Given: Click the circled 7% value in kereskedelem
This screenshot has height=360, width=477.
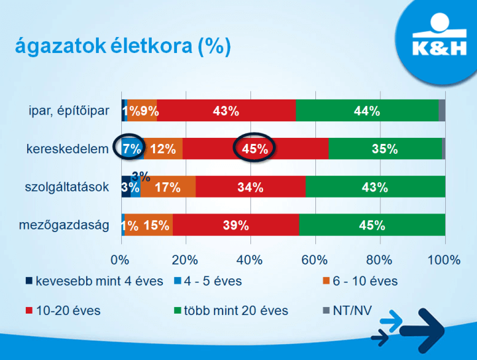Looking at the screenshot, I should pos(131,149).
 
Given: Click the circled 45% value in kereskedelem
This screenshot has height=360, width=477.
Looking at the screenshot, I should pos(255,149).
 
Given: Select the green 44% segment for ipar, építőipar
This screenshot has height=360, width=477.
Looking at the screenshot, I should pos(367,111).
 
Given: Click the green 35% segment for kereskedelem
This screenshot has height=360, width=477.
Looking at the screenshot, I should pos(384,149).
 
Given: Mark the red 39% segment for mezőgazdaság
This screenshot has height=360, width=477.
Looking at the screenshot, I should pos(235,225).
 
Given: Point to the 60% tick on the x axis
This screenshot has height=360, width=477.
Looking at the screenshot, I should pos(315,259).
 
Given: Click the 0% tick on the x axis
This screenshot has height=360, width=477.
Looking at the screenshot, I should pos(121,259).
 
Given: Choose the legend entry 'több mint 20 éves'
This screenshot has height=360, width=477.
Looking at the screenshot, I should pos(236,310).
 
